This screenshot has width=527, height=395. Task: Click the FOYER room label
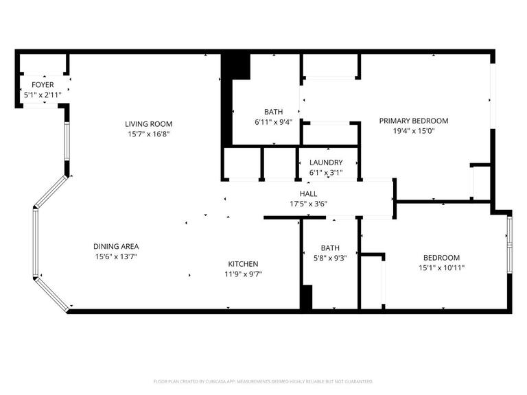(x=43, y=84)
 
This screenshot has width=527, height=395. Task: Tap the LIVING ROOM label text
(x=148, y=124)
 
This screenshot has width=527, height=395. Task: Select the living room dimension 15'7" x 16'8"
(x=148, y=134)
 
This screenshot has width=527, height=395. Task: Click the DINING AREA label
(x=116, y=246)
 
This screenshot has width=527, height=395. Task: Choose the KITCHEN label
(x=243, y=264)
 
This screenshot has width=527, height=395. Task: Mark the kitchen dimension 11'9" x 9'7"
(x=243, y=274)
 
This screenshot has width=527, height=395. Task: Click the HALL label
(x=308, y=194)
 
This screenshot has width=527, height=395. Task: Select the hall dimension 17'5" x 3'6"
(x=308, y=204)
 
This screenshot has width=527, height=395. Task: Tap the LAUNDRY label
(x=326, y=163)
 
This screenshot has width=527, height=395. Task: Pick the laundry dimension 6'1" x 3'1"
(x=326, y=173)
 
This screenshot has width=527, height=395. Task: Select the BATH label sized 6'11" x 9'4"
(x=273, y=112)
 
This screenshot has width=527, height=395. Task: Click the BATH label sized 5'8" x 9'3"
(x=330, y=248)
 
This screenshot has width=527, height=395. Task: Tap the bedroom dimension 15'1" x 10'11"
(x=441, y=267)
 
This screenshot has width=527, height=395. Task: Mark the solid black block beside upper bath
(x=236, y=67)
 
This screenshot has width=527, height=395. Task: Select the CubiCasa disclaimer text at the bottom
(x=263, y=381)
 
